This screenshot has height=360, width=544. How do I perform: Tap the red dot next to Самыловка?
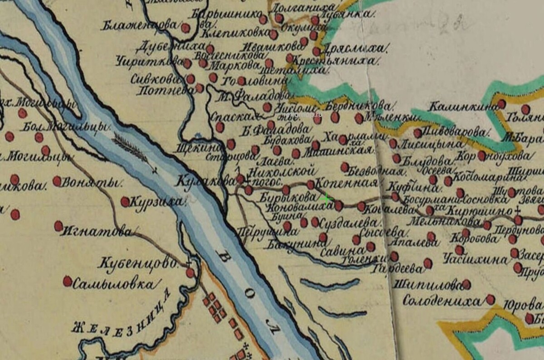[68, 281]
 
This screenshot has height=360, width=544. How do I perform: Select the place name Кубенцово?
[137, 263]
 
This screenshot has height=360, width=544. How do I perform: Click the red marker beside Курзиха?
[125, 201]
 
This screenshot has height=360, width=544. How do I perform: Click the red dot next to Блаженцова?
[185, 28]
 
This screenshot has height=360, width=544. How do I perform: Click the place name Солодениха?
[441, 301]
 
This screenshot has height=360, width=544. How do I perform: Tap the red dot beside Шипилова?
[466, 284]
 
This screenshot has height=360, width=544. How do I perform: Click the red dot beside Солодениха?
[490, 299]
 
